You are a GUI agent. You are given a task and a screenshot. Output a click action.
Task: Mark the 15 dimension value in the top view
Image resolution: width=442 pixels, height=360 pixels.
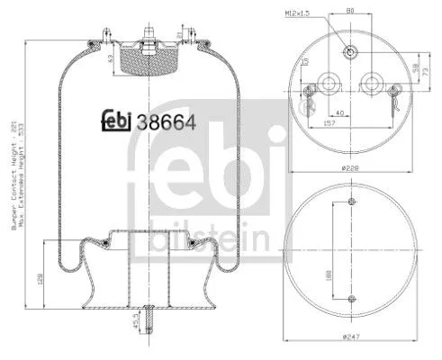(305, 60)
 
